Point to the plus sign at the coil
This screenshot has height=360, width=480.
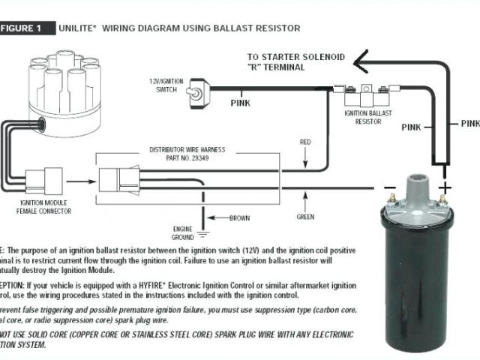(x=445, y=187)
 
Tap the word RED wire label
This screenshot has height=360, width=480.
(x=305, y=140)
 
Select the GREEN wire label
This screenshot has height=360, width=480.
(x=305, y=218)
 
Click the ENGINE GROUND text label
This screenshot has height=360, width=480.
(x=183, y=232)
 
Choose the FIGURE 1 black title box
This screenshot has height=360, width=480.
(x=28, y=28)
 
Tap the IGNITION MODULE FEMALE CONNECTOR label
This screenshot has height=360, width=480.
(x=46, y=208)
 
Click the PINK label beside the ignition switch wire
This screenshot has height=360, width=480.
(x=241, y=103)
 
